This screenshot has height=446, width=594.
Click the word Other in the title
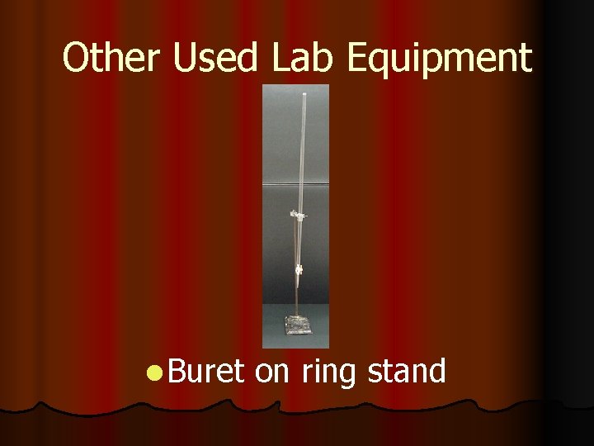pos(115,58)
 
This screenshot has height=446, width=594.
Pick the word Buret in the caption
pos(206,372)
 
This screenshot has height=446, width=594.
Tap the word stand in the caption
pos(406,372)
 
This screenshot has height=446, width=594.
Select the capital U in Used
pos(188,58)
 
